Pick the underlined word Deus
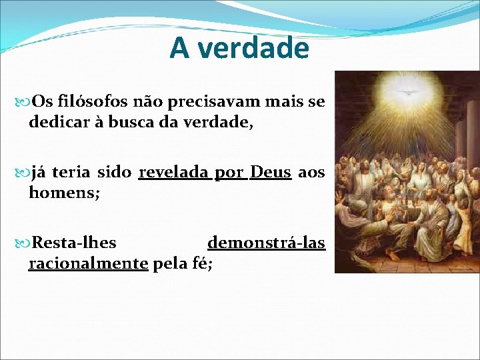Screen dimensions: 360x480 click(x=270, y=173)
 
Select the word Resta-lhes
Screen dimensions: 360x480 click(x=74, y=243)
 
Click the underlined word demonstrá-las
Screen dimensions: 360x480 click(x=266, y=243)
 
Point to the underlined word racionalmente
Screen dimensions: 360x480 click(x=88, y=263)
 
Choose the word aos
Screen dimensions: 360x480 click(x=311, y=173)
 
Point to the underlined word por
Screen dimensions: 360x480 click(x=229, y=173)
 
